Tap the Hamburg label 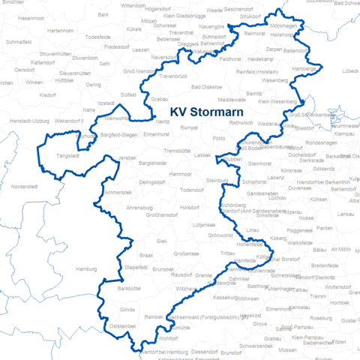coord(88,268)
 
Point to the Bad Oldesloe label coord(212,88)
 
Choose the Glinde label coord(127,309)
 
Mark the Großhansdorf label coord(161,215)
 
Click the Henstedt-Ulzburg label coord(31,120)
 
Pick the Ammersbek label coord(118,193)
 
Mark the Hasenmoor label coord(31,17)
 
